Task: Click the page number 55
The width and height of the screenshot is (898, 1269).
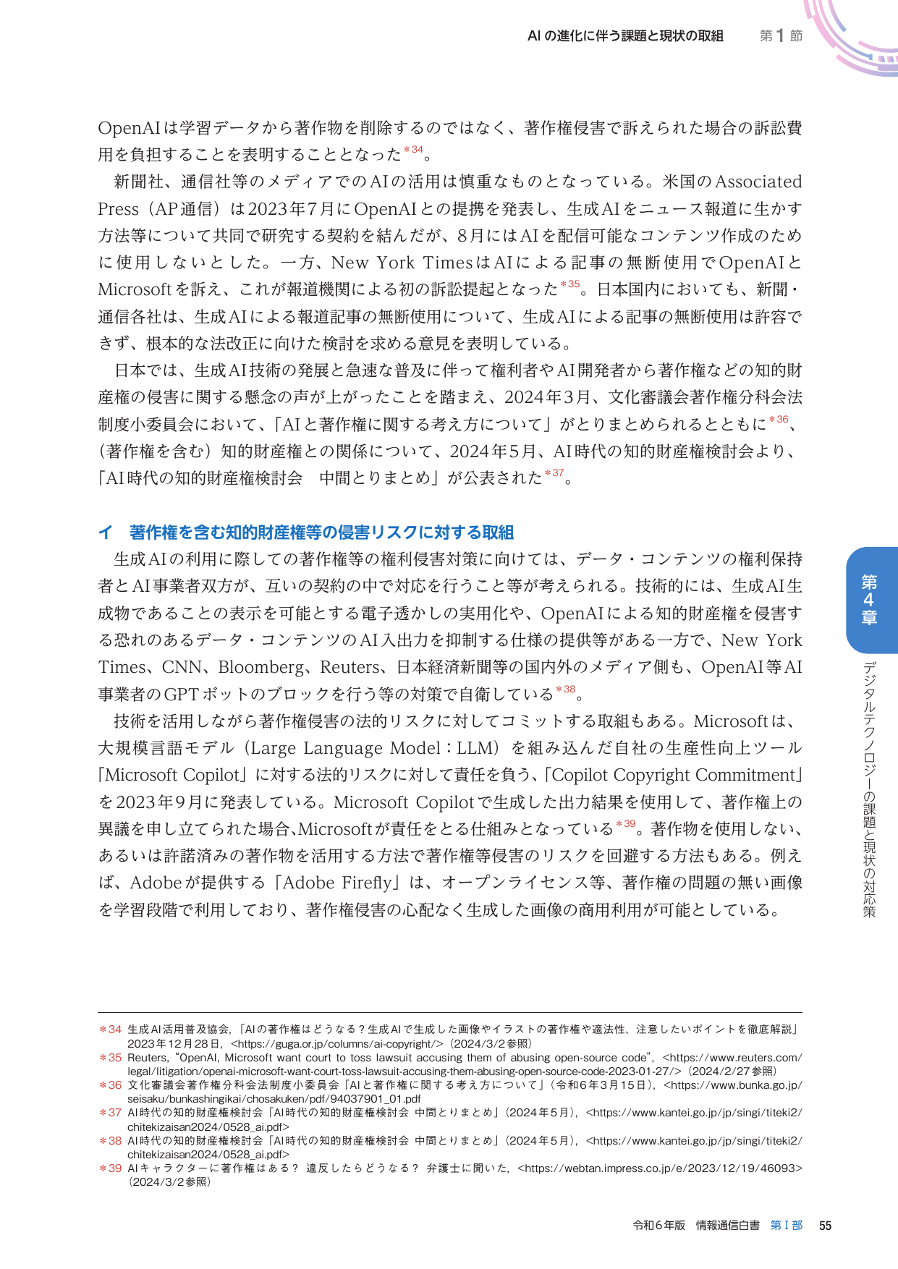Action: tap(825, 1225)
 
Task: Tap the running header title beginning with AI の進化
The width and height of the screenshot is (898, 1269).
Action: tap(625, 35)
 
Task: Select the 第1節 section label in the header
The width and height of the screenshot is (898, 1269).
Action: tap(781, 35)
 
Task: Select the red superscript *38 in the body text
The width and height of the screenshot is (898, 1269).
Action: tap(566, 689)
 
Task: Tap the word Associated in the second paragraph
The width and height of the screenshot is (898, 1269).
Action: tap(758, 182)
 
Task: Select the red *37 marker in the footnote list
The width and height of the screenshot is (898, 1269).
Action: tap(110, 1112)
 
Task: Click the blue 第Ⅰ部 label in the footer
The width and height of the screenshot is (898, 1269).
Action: tap(787, 1225)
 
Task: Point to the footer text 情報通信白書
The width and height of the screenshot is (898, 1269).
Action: tap(727, 1225)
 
